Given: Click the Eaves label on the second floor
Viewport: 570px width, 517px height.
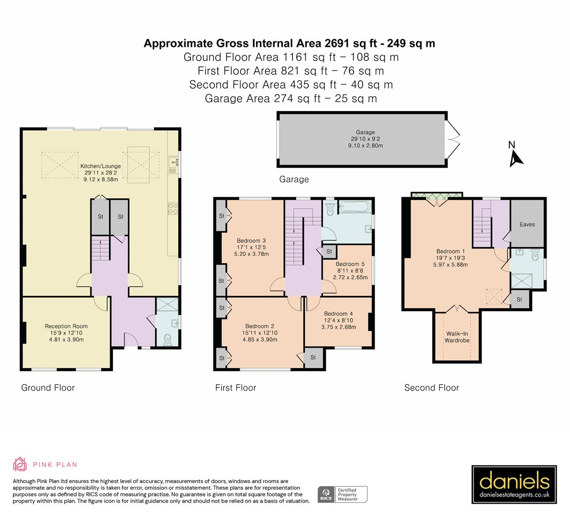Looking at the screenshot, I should (x=527, y=224).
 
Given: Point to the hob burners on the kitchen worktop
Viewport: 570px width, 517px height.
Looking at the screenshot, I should (x=173, y=209).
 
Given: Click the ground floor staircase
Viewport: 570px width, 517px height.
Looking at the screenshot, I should (x=101, y=249).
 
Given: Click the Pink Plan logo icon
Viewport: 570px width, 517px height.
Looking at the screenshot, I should (x=20, y=464).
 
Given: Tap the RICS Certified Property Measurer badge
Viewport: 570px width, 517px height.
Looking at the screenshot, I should (x=343, y=494).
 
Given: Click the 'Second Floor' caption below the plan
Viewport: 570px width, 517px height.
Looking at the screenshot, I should (x=431, y=388).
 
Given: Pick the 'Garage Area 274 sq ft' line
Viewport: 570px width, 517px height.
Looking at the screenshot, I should (x=291, y=99).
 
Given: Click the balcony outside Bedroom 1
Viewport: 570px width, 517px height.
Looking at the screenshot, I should (x=437, y=195).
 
